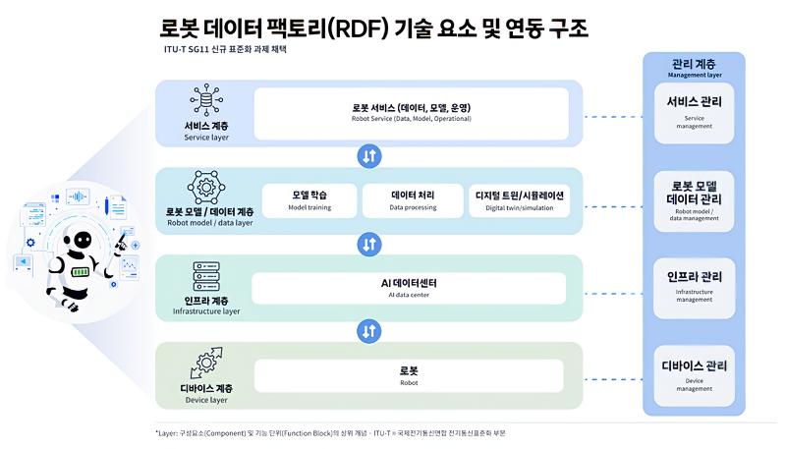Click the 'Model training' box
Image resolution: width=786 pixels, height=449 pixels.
(309, 200)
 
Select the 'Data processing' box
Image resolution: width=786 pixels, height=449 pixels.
(413, 200)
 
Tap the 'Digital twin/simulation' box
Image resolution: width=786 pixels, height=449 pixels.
(520, 200)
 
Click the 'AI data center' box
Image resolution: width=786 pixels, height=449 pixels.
(409, 288)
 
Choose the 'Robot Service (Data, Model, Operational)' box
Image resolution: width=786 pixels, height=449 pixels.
(411, 114)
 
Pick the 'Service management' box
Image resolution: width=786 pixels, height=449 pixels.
(694, 113)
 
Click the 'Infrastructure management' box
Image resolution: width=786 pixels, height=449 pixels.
(694, 288)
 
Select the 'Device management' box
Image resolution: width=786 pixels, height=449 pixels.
(694, 376)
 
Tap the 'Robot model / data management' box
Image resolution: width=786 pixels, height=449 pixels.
(694, 201)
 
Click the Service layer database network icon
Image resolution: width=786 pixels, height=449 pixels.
(206, 99)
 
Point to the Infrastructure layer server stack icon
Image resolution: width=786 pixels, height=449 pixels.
(206, 276)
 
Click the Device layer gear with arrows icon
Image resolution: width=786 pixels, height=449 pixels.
(206, 364)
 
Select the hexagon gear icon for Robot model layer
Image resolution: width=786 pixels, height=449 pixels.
(206, 188)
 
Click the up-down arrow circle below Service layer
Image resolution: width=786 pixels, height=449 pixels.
(369, 156)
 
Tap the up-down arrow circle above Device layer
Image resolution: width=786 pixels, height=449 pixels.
(369, 331)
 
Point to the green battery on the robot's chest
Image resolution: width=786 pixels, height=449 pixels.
(81, 272)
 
